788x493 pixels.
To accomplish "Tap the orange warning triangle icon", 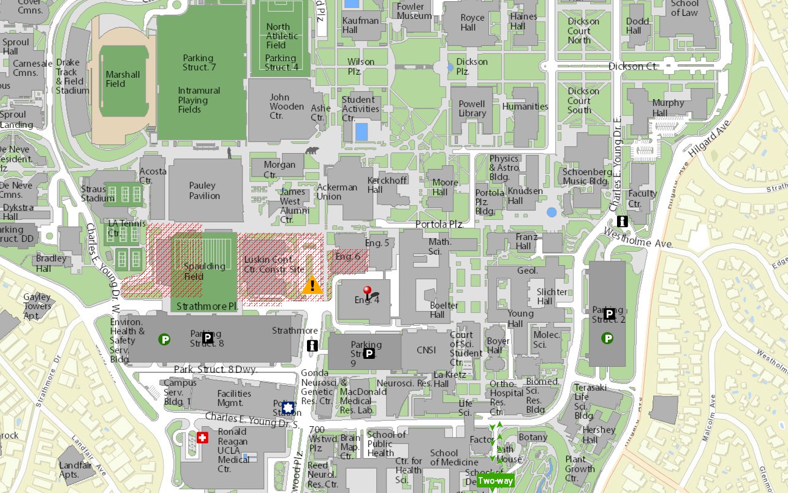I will click(x=313, y=285).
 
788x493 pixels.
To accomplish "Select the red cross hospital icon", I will click(x=203, y=437).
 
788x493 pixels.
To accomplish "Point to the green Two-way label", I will click(x=496, y=480).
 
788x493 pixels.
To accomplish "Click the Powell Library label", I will click(x=472, y=108).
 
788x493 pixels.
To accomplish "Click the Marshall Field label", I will click(x=123, y=79).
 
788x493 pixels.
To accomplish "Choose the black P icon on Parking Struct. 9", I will click(x=369, y=353).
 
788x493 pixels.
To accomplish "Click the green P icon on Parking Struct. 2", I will click(x=608, y=337).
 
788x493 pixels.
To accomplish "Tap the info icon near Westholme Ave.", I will click(x=622, y=221).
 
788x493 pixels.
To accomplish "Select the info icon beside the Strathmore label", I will click(x=313, y=345).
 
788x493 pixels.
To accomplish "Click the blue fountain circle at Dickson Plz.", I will click(x=450, y=67).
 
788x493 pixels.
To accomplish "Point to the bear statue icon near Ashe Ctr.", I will click(x=312, y=151).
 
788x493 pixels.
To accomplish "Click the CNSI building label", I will click(x=425, y=350).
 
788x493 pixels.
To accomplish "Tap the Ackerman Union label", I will click(x=337, y=192).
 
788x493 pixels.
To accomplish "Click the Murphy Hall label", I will click(x=669, y=108).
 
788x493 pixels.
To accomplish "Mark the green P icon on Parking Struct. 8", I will click(x=164, y=339).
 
